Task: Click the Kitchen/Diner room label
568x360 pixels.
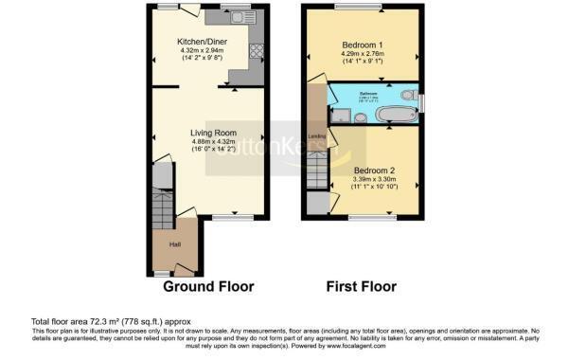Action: click(x=202, y=42)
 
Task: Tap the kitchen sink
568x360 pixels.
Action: click(x=233, y=17)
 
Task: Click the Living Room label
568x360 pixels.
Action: click(x=213, y=132)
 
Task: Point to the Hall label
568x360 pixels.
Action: click(x=175, y=244)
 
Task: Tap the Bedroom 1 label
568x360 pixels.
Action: click(x=362, y=45)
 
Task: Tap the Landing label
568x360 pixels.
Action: click(x=317, y=137)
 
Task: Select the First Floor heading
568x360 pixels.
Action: click(x=361, y=286)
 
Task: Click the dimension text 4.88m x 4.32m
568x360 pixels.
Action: click(x=212, y=142)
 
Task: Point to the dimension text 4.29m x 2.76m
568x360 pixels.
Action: click(x=362, y=56)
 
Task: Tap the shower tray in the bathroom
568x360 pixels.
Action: click(x=339, y=116)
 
